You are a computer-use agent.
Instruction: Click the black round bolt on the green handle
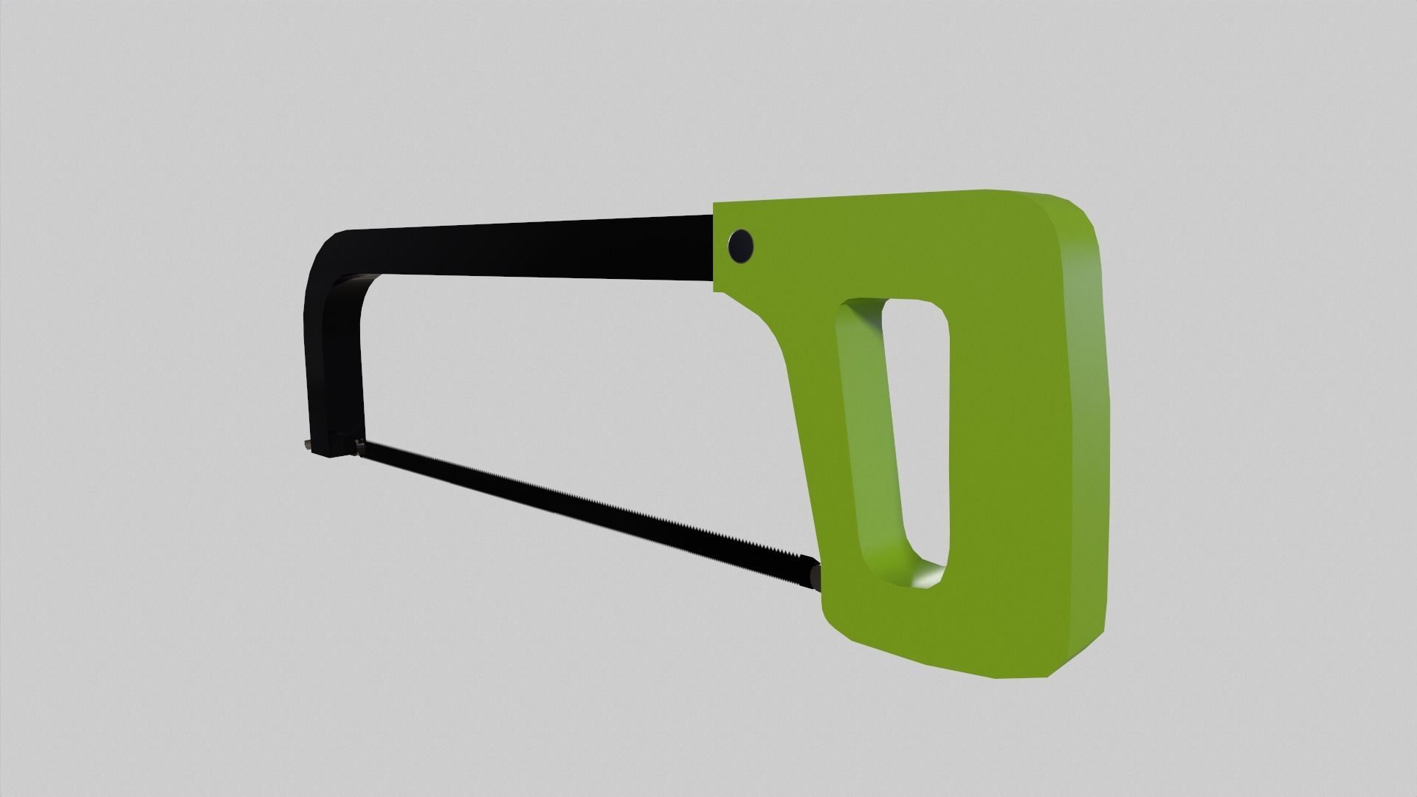coord(740,245)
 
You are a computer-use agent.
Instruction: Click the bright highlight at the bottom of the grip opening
coord(926,577)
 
